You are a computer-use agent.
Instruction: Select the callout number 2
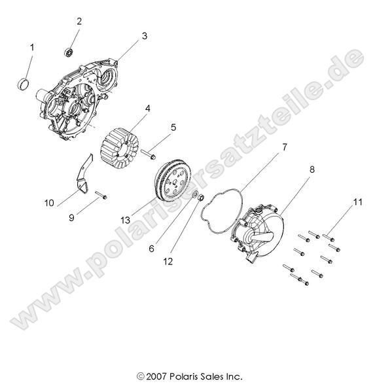tap(79, 22)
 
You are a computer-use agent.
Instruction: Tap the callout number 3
tap(145, 37)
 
